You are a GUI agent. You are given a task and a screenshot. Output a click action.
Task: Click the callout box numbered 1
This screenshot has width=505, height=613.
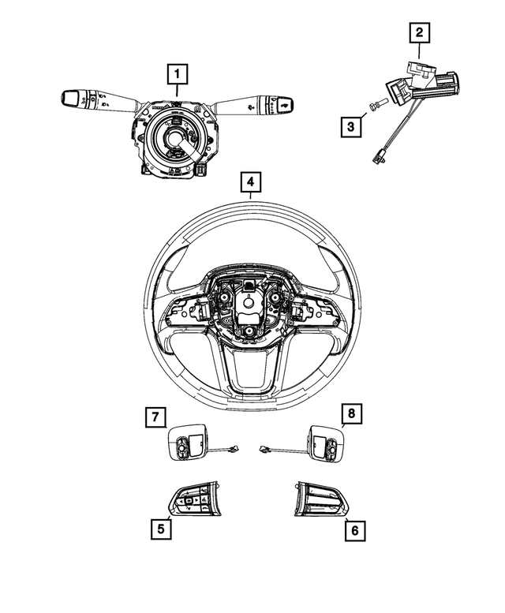click(x=178, y=76)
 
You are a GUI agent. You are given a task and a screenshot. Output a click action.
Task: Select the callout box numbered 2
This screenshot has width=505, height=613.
click(x=418, y=33)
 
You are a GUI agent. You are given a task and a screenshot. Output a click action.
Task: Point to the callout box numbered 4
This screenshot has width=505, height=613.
click(x=249, y=185)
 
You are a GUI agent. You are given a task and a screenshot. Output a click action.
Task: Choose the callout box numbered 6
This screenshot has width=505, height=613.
click(x=354, y=531)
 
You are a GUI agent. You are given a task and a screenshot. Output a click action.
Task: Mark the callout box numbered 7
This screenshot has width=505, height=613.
click(x=156, y=416)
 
